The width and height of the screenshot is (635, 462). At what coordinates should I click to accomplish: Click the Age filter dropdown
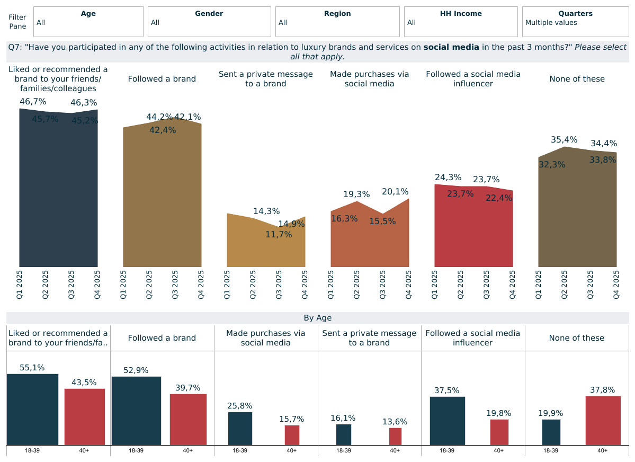[88, 22]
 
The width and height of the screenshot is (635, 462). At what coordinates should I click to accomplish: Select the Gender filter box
[209, 22]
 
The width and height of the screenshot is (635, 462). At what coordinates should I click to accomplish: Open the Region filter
[337, 22]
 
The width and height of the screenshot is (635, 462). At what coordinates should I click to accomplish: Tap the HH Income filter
[460, 22]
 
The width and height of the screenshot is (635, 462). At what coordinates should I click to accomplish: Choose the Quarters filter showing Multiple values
[575, 22]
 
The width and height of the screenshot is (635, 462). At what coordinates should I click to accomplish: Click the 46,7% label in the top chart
[33, 101]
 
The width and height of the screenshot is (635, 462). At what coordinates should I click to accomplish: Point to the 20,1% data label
[395, 191]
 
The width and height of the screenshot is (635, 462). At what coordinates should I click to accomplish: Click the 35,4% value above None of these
[564, 140]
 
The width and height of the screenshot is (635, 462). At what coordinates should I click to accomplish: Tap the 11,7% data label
[279, 234]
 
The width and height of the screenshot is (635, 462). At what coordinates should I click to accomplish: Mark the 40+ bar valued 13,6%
[395, 436]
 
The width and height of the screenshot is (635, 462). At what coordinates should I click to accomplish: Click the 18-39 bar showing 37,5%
[447, 421]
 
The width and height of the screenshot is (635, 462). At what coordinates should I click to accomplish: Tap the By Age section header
[317, 318]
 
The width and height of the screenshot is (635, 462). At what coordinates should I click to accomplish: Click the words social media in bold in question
[451, 47]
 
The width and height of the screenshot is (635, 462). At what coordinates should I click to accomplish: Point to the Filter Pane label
[17, 22]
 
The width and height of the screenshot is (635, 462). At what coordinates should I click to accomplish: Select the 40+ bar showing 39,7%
[188, 419]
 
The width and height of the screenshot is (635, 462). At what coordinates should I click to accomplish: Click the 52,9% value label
[136, 370]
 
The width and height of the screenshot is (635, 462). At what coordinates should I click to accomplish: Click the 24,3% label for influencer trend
[448, 177]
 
